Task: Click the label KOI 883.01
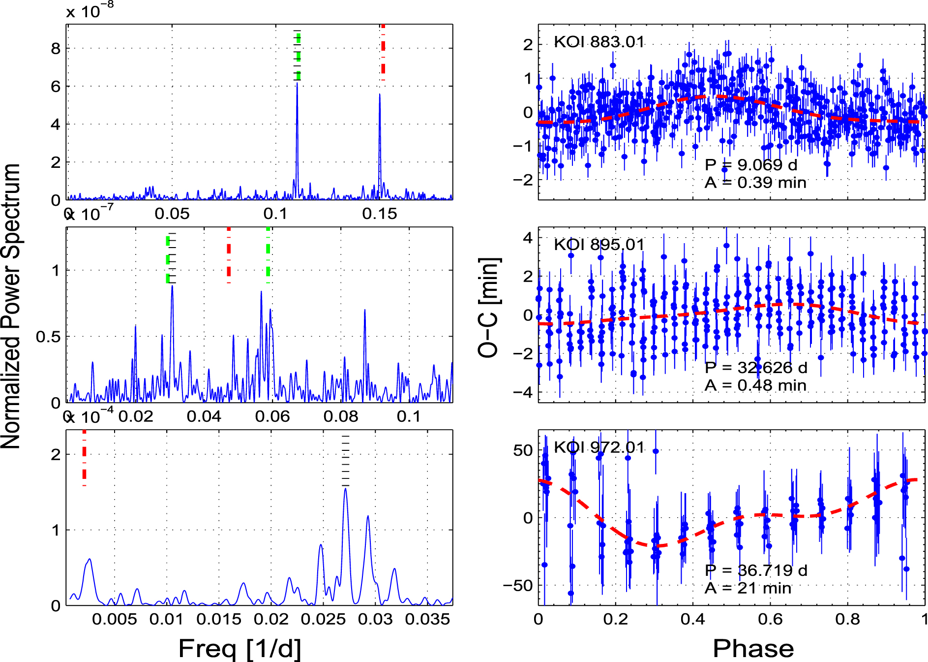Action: [x=599, y=42]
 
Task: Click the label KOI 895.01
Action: [x=599, y=245]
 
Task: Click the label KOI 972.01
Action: [x=599, y=447]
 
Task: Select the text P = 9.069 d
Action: [x=750, y=165]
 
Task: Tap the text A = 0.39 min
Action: [x=755, y=183]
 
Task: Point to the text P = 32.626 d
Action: [x=755, y=368]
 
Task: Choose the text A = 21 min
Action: [x=748, y=588]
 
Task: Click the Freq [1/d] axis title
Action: [x=239, y=648]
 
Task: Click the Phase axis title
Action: [x=753, y=648]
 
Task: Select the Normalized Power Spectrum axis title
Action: [x=11, y=306]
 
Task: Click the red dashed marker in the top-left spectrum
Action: [x=383, y=52]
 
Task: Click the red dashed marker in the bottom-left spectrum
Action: [x=85, y=458]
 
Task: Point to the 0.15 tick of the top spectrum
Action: [x=379, y=214]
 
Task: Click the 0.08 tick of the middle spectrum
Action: [x=340, y=416]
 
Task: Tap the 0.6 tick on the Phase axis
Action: [x=770, y=619]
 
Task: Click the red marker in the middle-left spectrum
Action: [x=229, y=255]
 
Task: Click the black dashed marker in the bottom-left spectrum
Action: [x=346, y=461]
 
